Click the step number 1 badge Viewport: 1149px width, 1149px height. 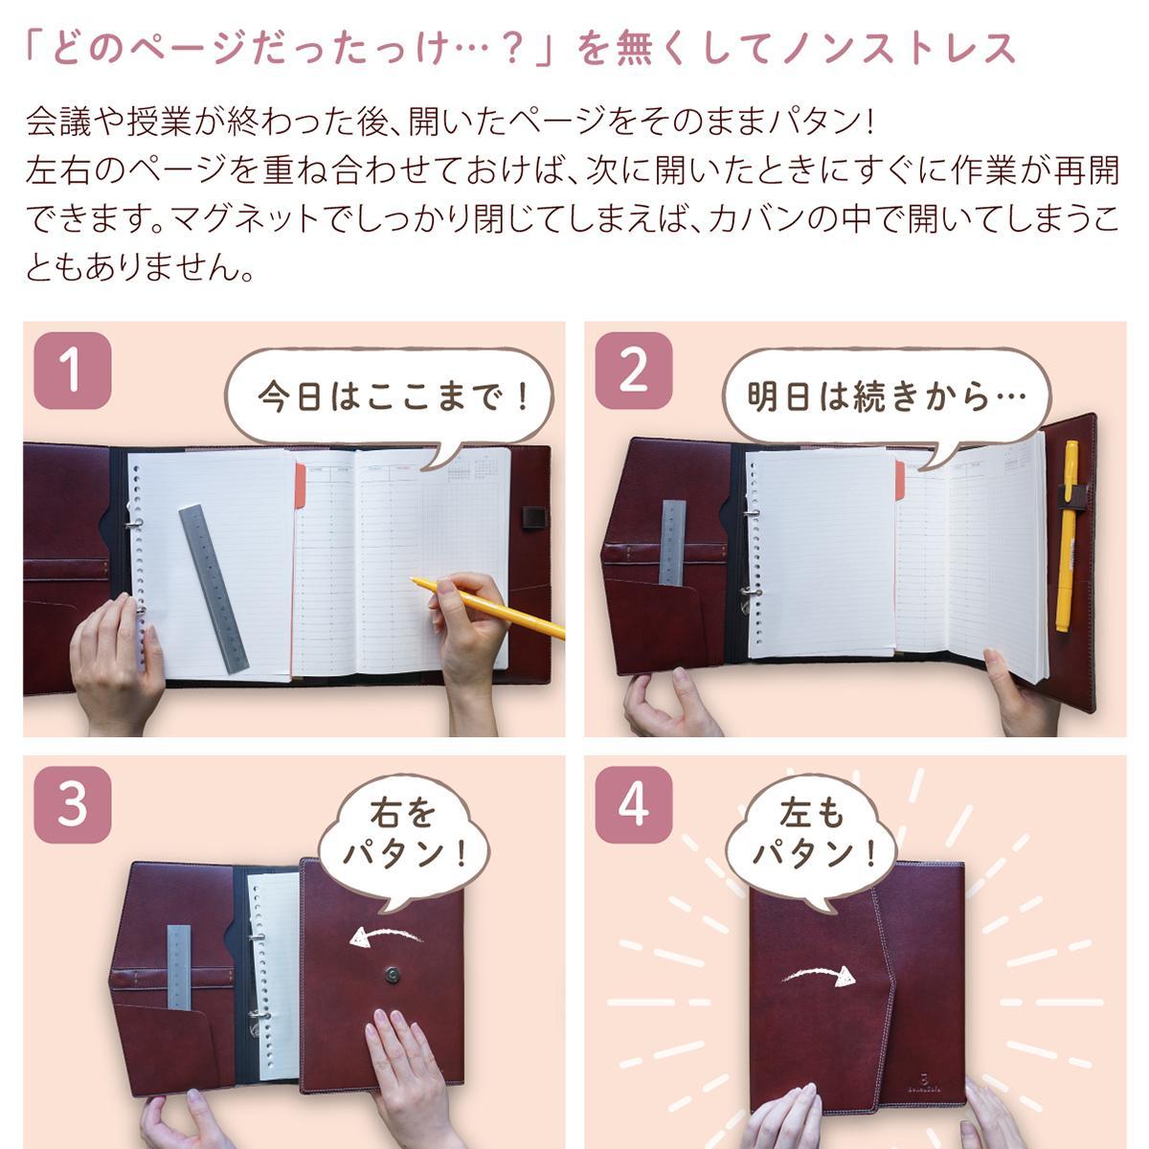pyautogui.click(x=73, y=371)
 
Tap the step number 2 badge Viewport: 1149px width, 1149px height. pyautogui.click(x=633, y=371)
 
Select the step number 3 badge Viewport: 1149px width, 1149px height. pyautogui.click(x=73, y=804)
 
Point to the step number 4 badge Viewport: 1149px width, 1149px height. pyautogui.click(x=633, y=804)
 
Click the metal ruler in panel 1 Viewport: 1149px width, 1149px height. pyautogui.click(x=214, y=588)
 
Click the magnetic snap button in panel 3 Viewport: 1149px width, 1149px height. pyautogui.click(x=392, y=975)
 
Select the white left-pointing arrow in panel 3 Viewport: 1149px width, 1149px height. pyautogui.click(x=385, y=935)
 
